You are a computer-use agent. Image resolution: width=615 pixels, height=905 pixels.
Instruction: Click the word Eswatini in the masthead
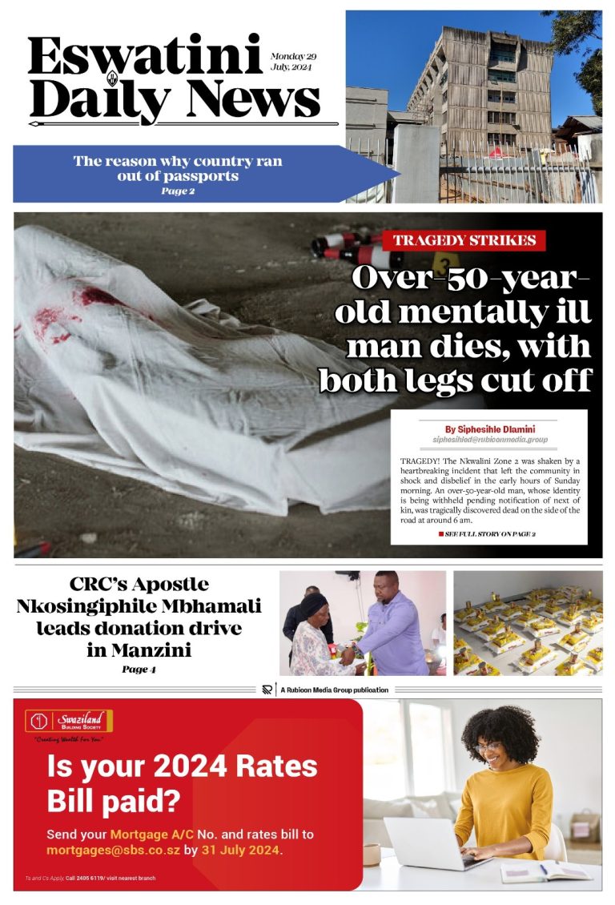coord(145,57)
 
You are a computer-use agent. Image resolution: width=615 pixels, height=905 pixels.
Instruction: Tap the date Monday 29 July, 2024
coord(293,62)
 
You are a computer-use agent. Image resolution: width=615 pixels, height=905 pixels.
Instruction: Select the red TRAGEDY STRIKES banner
coord(464,240)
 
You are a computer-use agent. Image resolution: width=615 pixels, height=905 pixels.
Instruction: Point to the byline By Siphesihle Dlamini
coord(489,429)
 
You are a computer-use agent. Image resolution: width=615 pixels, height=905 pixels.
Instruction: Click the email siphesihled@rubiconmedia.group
coord(489,440)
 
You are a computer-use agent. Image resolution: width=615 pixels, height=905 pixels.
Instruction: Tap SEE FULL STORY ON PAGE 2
coord(489,533)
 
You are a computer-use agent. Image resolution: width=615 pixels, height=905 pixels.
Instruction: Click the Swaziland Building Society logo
coord(68,721)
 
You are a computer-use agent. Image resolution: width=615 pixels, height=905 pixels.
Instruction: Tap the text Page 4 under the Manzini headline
coord(139,670)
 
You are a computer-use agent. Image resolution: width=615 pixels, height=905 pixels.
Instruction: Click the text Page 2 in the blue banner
coord(177,191)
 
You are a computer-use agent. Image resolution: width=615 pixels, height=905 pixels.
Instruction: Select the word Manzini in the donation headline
coord(139,650)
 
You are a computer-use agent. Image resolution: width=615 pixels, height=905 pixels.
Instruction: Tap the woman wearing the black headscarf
coord(314,633)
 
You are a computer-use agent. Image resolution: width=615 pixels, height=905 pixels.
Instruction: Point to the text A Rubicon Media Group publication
coord(336,690)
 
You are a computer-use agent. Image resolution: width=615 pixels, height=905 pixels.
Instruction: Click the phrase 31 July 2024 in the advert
coord(241,850)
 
